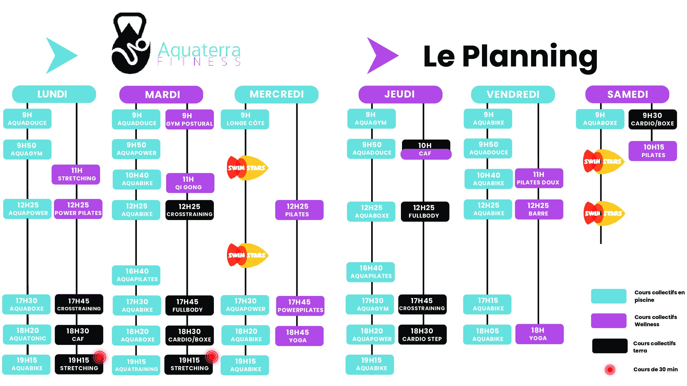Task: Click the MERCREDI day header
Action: (x=276, y=94)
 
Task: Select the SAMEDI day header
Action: (x=627, y=94)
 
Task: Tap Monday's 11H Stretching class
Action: (x=76, y=175)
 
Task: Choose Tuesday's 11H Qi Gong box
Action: (x=190, y=183)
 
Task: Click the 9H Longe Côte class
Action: (x=245, y=119)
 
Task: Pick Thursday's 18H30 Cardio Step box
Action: (x=422, y=335)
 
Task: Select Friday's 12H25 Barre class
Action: (x=539, y=209)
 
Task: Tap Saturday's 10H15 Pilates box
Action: (x=653, y=151)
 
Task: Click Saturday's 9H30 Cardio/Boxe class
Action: (x=652, y=119)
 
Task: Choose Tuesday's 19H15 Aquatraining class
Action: (x=136, y=365)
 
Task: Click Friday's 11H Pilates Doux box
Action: (x=539, y=178)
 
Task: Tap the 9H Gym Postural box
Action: (x=189, y=119)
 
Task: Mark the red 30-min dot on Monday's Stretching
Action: (x=100, y=357)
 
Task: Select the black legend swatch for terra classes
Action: (x=610, y=346)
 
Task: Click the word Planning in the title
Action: (x=529, y=57)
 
